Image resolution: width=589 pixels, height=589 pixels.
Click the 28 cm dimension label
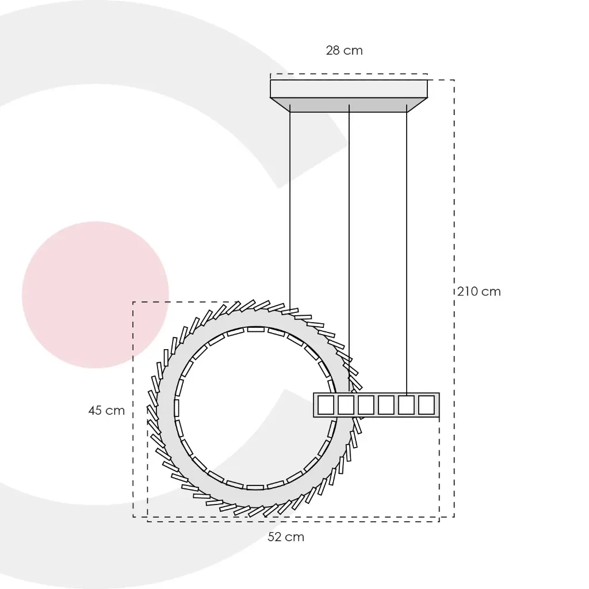click(344, 51)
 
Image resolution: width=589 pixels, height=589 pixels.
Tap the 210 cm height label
click(479, 292)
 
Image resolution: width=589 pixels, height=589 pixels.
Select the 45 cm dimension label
click(106, 410)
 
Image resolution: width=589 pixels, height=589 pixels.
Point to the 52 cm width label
click(285, 537)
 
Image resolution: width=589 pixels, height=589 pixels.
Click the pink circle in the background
click(95, 295)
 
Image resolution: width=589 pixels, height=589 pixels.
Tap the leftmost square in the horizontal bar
click(326, 405)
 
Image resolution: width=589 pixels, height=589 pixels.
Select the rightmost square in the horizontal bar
click(426, 405)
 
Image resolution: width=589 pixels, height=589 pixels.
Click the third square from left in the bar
click(366, 405)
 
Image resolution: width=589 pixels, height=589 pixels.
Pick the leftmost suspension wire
click(290, 206)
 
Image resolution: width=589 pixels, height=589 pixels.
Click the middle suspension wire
click(349, 248)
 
